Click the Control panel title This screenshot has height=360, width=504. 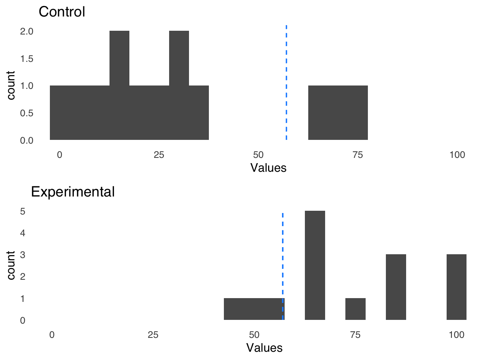pyautogui.click(x=62, y=12)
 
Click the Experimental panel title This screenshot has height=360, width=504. pyautogui.click(x=73, y=192)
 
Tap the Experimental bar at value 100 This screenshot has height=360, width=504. pyautogui.click(x=456, y=287)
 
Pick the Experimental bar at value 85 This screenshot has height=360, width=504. pyautogui.click(x=396, y=287)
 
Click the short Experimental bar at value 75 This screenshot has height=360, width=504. pyautogui.click(x=355, y=309)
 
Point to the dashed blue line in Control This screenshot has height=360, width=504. pyautogui.click(x=286, y=82)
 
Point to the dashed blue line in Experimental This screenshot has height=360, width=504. pyautogui.click(x=282, y=262)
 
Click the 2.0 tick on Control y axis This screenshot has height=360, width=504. pyautogui.click(x=27, y=31)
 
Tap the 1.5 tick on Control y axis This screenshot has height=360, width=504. pyautogui.click(x=27, y=59)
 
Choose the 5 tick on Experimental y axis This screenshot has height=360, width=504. pyautogui.click(x=23, y=211)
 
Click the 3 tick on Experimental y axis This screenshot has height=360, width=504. pyautogui.click(x=23, y=255)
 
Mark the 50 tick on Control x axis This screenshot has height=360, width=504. pyautogui.click(x=258, y=155)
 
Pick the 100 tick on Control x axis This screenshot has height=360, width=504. pyautogui.click(x=457, y=155)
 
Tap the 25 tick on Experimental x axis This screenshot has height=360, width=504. pyautogui.click(x=153, y=335)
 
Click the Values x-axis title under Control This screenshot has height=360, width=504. pyautogui.click(x=268, y=168)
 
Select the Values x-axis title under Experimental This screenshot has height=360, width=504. pyautogui.click(x=264, y=348)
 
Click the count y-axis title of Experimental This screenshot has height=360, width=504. pyautogui.click(x=11, y=265)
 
